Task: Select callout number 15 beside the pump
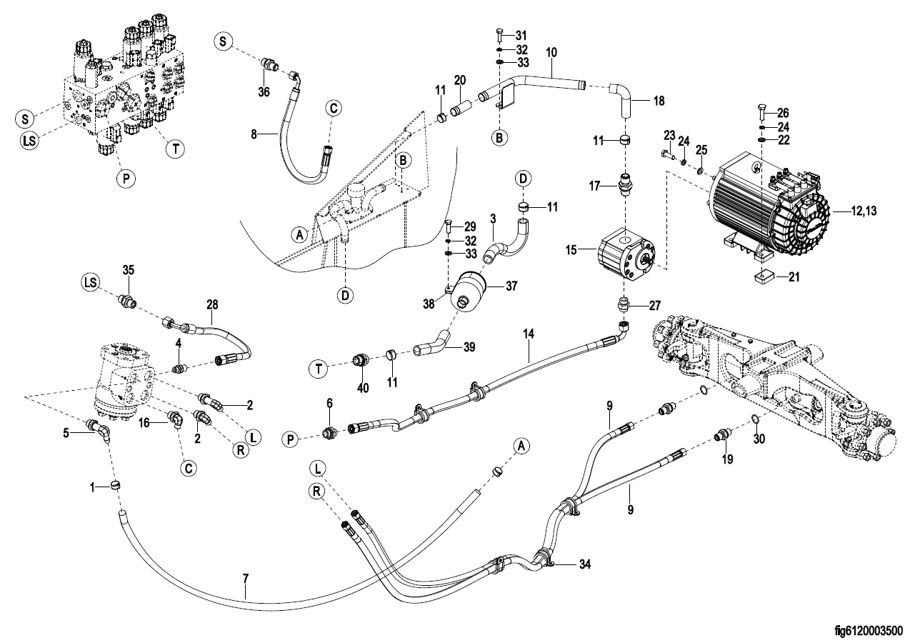571,250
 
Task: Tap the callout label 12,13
864,211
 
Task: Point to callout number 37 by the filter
511,286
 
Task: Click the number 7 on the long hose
246,579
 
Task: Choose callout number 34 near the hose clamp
584,564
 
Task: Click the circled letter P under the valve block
126,179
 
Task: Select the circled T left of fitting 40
319,369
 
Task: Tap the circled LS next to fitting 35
91,281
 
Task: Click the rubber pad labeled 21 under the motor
764,279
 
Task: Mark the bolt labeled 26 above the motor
761,112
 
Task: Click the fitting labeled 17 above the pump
625,184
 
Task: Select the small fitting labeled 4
179,369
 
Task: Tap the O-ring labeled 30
754,419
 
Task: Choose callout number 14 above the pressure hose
529,334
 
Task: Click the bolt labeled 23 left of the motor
667,155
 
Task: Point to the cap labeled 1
116,485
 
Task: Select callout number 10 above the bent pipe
551,52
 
